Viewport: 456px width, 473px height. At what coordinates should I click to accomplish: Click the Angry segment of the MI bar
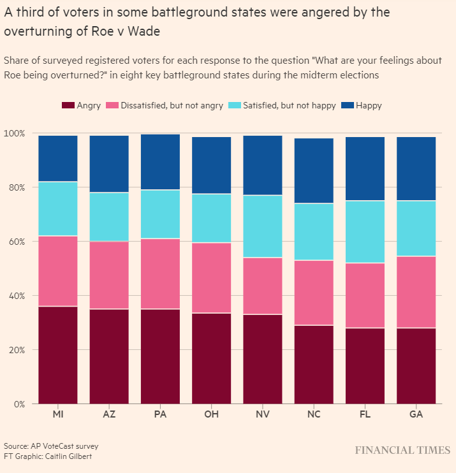(58, 354)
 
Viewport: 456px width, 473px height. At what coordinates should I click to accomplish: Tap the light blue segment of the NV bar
(263, 226)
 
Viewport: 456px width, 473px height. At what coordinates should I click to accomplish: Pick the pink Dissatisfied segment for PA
(160, 273)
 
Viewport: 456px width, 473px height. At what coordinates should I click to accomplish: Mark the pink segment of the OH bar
(212, 278)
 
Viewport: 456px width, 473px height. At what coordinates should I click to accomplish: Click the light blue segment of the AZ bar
(109, 217)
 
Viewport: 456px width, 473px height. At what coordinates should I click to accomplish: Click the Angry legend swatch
(67, 105)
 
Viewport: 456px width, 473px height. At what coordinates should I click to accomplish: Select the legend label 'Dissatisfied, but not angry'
(172, 106)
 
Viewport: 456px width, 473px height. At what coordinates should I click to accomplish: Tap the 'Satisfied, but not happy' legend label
(290, 106)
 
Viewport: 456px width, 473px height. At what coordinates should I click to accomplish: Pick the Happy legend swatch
(348, 105)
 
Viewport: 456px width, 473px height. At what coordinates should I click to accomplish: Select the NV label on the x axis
(263, 415)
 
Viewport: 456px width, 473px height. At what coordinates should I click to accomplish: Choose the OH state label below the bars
(212, 415)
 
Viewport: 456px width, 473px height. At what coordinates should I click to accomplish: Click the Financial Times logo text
(402, 451)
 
